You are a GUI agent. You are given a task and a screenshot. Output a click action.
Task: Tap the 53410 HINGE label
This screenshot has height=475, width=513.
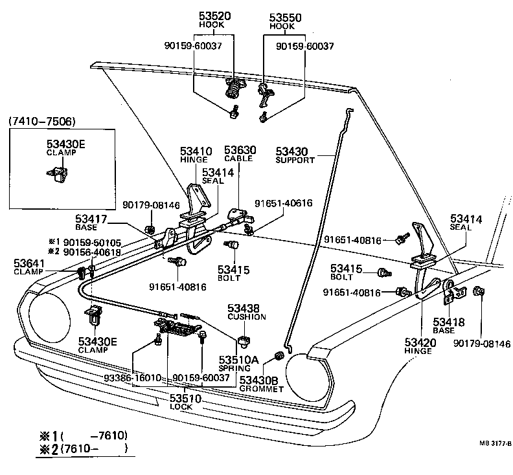[194, 155]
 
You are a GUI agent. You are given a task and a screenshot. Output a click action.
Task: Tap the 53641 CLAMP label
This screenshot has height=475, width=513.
[28, 266]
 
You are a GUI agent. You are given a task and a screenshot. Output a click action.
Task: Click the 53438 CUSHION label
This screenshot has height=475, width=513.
[245, 312]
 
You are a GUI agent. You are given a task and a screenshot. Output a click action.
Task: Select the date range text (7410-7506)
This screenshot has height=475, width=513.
[41, 121]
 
